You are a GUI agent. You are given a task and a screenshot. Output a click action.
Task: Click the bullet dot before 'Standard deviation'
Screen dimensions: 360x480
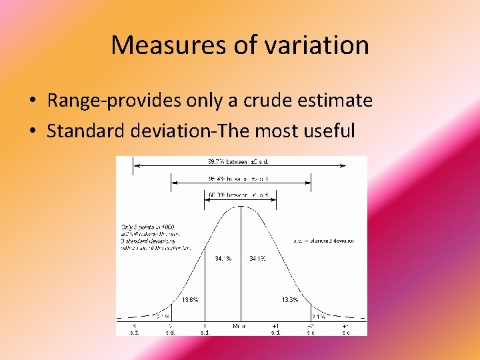[x=32, y=131]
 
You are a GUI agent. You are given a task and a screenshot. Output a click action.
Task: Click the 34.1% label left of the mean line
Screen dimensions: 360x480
[x=223, y=258]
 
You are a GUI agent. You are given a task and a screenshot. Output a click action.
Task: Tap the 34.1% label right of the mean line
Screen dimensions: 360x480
[x=258, y=258]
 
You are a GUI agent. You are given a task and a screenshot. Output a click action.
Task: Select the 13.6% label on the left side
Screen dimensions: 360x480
[x=190, y=300]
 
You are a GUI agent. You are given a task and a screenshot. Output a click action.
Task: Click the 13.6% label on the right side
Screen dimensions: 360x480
[x=290, y=300]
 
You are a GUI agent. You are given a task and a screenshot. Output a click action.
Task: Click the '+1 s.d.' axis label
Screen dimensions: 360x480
[x=275, y=329]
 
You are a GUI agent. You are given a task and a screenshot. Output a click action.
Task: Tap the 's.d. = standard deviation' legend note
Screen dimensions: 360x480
[x=323, y=241]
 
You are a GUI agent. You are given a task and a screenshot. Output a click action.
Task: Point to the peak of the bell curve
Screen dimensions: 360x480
[x=240, y=206]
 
